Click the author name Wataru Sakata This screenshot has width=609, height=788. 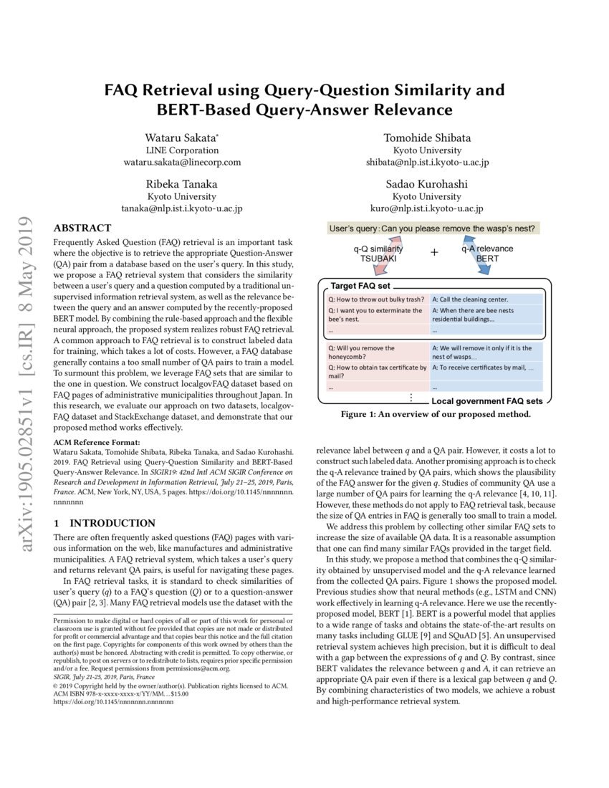pyautogui.click(x=182, y=138)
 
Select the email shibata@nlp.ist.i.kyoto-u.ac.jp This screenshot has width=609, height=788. pyautogui.click(x=427, y=163)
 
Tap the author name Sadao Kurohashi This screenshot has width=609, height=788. pyautogui.click(x=427, y=183)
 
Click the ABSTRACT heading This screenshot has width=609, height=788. pyautogui.click(x=82, y=228)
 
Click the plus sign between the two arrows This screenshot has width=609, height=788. pyautogui.click(x=434, y=252)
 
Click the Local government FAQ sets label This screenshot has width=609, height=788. pyautogui.click(x=486, y=401)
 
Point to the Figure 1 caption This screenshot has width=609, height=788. pyautogui.click(x=435, y=414)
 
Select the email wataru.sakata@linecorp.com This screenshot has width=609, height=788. pyautogui.click(x=182, y=163)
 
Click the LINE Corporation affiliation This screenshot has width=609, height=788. pyautogui.click(x=182, y=150)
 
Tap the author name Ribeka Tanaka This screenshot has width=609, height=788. pyautogui.click(x=182, y=183)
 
